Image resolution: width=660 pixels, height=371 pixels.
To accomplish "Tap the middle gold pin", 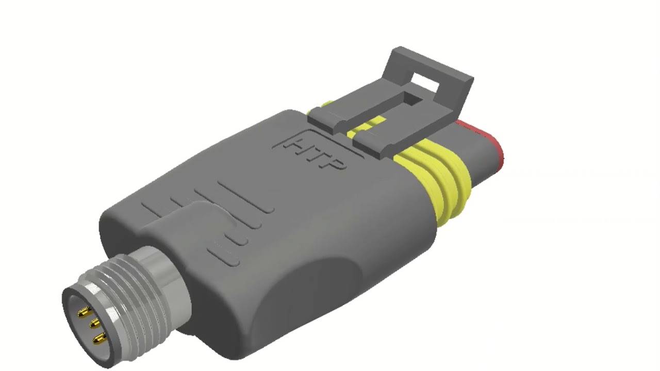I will (95, 324).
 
